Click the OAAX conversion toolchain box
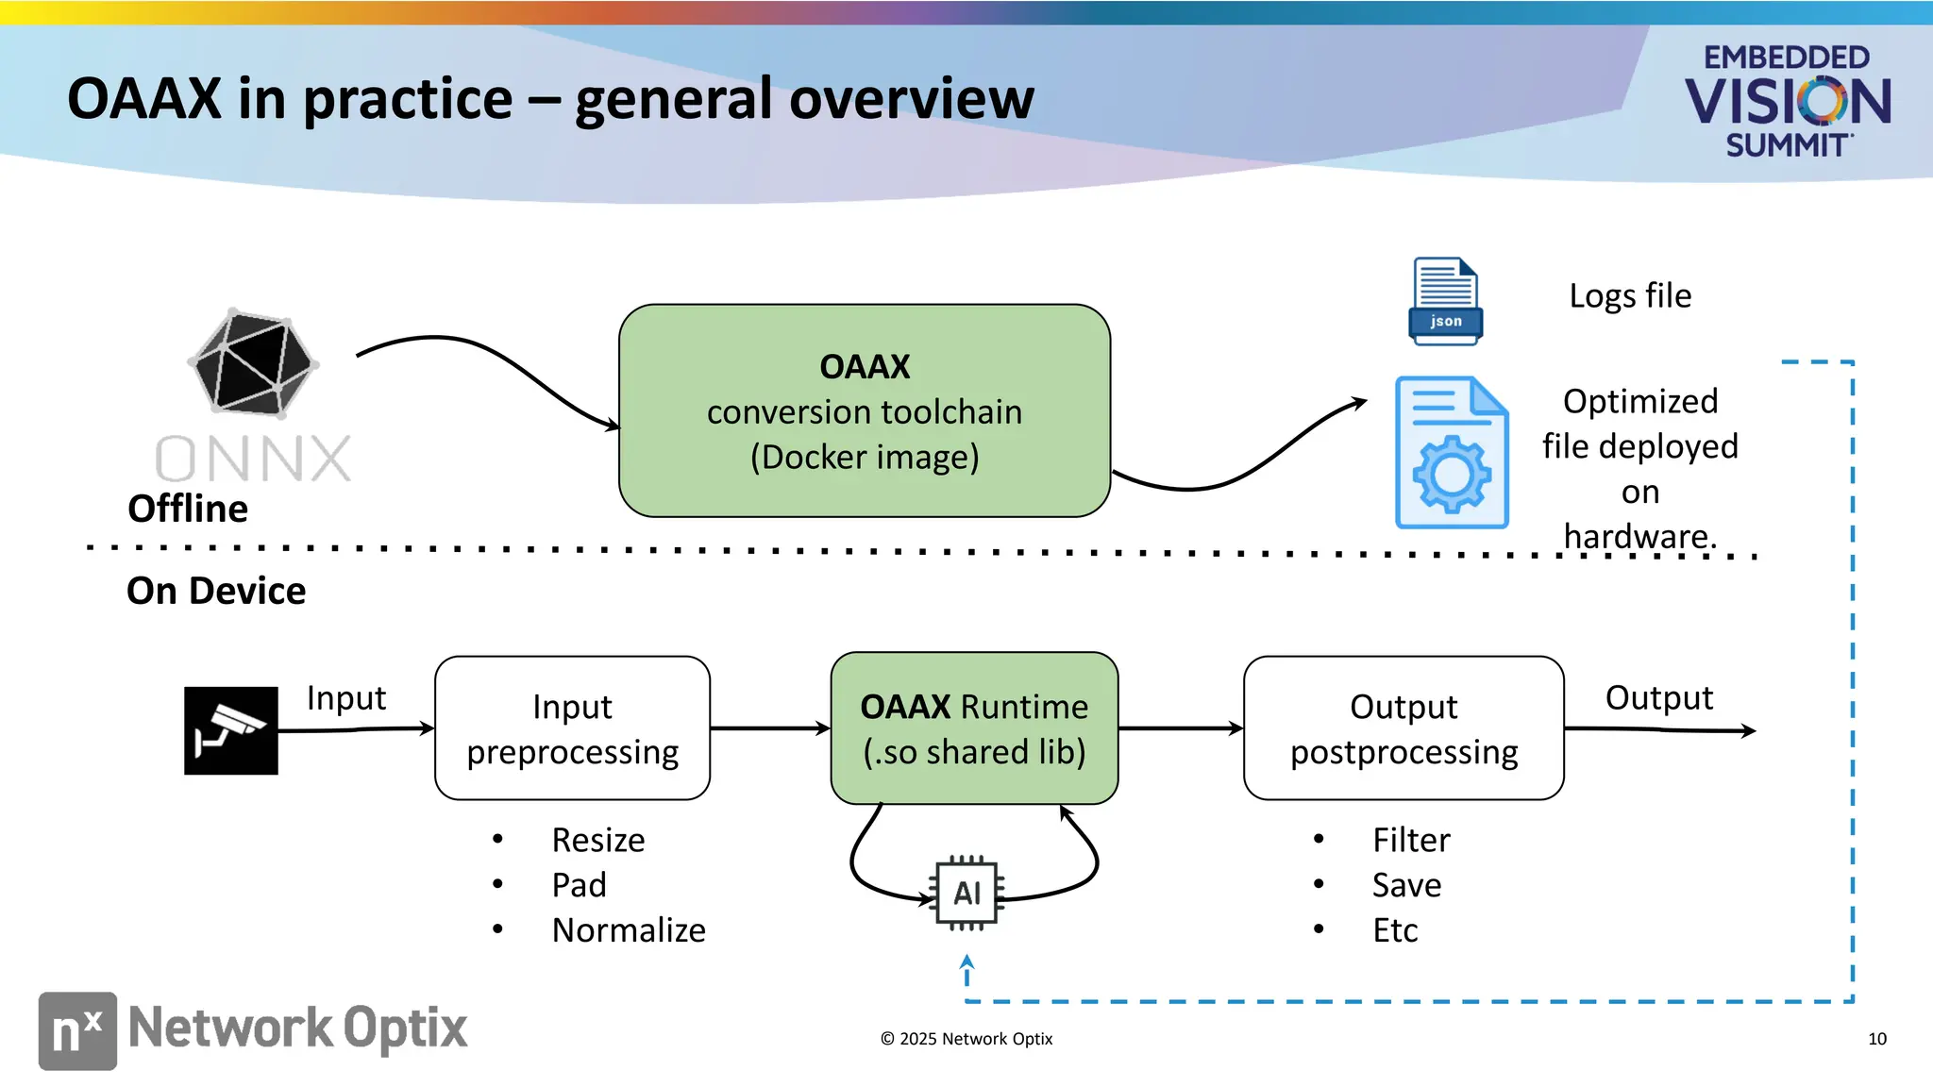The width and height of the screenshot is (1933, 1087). coord(864,411)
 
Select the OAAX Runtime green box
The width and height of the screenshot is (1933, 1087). coord(974,728)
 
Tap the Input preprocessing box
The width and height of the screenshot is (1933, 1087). coord(572,728)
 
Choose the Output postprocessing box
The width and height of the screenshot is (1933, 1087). coord(1404,728)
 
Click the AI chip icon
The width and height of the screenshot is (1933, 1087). coord(966,893)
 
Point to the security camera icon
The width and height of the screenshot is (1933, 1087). coord(231,730)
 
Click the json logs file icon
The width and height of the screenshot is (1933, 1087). coord(1445,301)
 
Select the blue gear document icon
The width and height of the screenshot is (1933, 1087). coord(1452,453)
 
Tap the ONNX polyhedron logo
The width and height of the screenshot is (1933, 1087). coord(253,363)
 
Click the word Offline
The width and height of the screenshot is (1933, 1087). coord(188,509)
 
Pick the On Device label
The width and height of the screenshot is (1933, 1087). coord(216,591)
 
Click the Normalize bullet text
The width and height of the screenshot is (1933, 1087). coord(629,930)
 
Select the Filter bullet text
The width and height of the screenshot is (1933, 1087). coord(1411,840)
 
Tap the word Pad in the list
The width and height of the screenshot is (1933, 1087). coord(579,885)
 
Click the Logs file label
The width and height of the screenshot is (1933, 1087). coord(1630,296)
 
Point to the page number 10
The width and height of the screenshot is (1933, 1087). coord(1876,1039)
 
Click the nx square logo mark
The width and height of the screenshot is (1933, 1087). coord(77,1030)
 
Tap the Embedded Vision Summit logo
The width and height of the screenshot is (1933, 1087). coord(1787,101)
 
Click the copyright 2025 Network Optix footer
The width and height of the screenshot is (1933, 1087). coord(966,1039)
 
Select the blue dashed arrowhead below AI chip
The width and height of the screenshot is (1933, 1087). coord(966,963)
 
